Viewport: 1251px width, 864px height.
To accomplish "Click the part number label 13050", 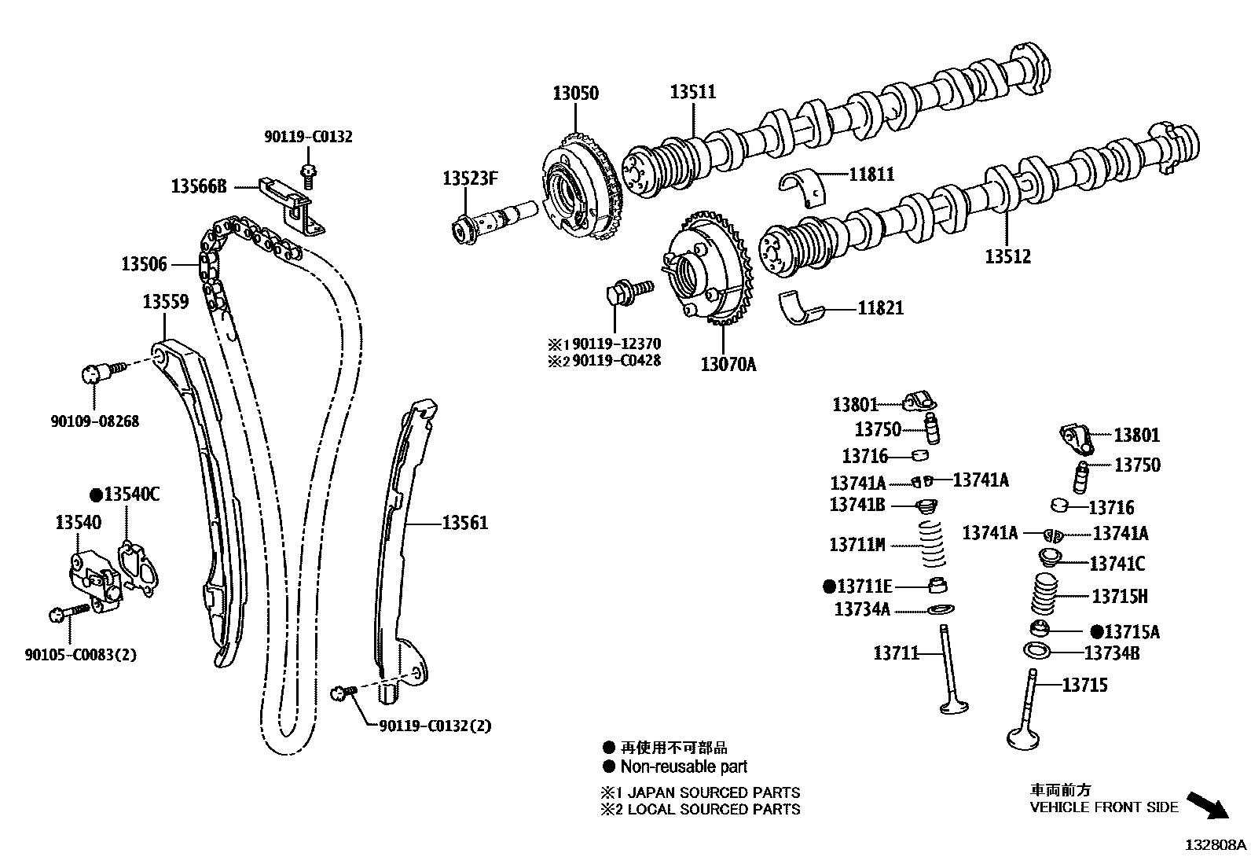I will [575, 93].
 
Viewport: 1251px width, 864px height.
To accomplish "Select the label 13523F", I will [470, 178].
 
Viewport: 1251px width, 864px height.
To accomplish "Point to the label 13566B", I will [199, 186].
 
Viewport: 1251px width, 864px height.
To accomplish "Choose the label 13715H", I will [1119, 597].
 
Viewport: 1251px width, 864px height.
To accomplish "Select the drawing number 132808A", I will [1216, 846].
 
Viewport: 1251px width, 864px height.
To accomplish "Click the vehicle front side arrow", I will [1207, 807].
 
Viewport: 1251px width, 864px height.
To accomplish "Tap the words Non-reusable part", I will [684, 767].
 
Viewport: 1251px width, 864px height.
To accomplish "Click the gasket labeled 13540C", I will [135, 561].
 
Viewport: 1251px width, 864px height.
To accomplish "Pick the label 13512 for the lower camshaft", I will [1008, 256].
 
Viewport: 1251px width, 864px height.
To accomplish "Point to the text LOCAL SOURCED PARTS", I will [714, 810].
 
